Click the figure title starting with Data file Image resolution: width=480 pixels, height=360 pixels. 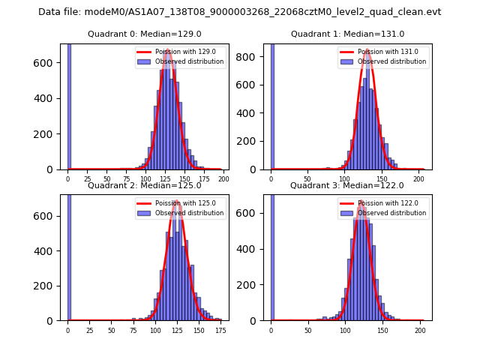(239, 12)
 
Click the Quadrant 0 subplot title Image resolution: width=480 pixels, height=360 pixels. (144, 34)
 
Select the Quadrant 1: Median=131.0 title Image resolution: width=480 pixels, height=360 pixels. (347, 34)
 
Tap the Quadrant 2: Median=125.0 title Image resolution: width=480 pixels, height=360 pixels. (144, 185)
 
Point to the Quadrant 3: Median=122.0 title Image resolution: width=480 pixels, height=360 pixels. (346, 185)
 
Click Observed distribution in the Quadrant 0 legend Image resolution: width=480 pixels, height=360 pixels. (193, 61)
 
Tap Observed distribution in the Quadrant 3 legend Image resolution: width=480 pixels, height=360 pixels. (396, 213)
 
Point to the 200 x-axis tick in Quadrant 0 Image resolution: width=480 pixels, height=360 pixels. (223, 180)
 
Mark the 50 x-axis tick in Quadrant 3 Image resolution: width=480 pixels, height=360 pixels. (307, 331)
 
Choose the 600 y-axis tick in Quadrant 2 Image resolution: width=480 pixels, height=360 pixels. (50, 216)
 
